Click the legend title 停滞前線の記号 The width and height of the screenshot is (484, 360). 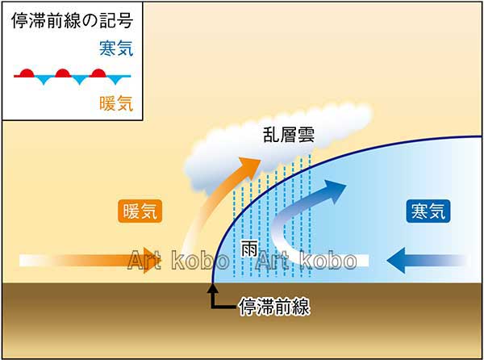73,20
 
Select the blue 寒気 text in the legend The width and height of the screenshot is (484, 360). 116,48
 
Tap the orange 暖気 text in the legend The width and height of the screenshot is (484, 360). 116,103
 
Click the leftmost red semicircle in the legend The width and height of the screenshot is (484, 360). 27,73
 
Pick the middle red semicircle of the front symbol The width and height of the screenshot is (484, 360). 63,73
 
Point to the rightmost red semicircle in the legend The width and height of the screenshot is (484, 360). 98,73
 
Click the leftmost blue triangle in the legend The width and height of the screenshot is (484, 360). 44,80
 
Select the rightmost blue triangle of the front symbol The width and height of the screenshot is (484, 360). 115,80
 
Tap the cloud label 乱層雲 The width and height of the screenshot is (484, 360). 289,135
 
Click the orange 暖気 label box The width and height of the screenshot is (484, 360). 140,211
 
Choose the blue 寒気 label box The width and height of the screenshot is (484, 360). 428,211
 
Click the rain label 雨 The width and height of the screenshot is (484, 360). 249,249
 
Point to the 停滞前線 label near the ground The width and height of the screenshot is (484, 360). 274,306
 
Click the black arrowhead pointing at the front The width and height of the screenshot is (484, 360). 212,288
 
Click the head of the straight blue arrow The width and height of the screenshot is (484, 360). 396,260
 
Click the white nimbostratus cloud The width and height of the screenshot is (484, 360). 277,145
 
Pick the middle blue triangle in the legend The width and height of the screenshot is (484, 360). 80,80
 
